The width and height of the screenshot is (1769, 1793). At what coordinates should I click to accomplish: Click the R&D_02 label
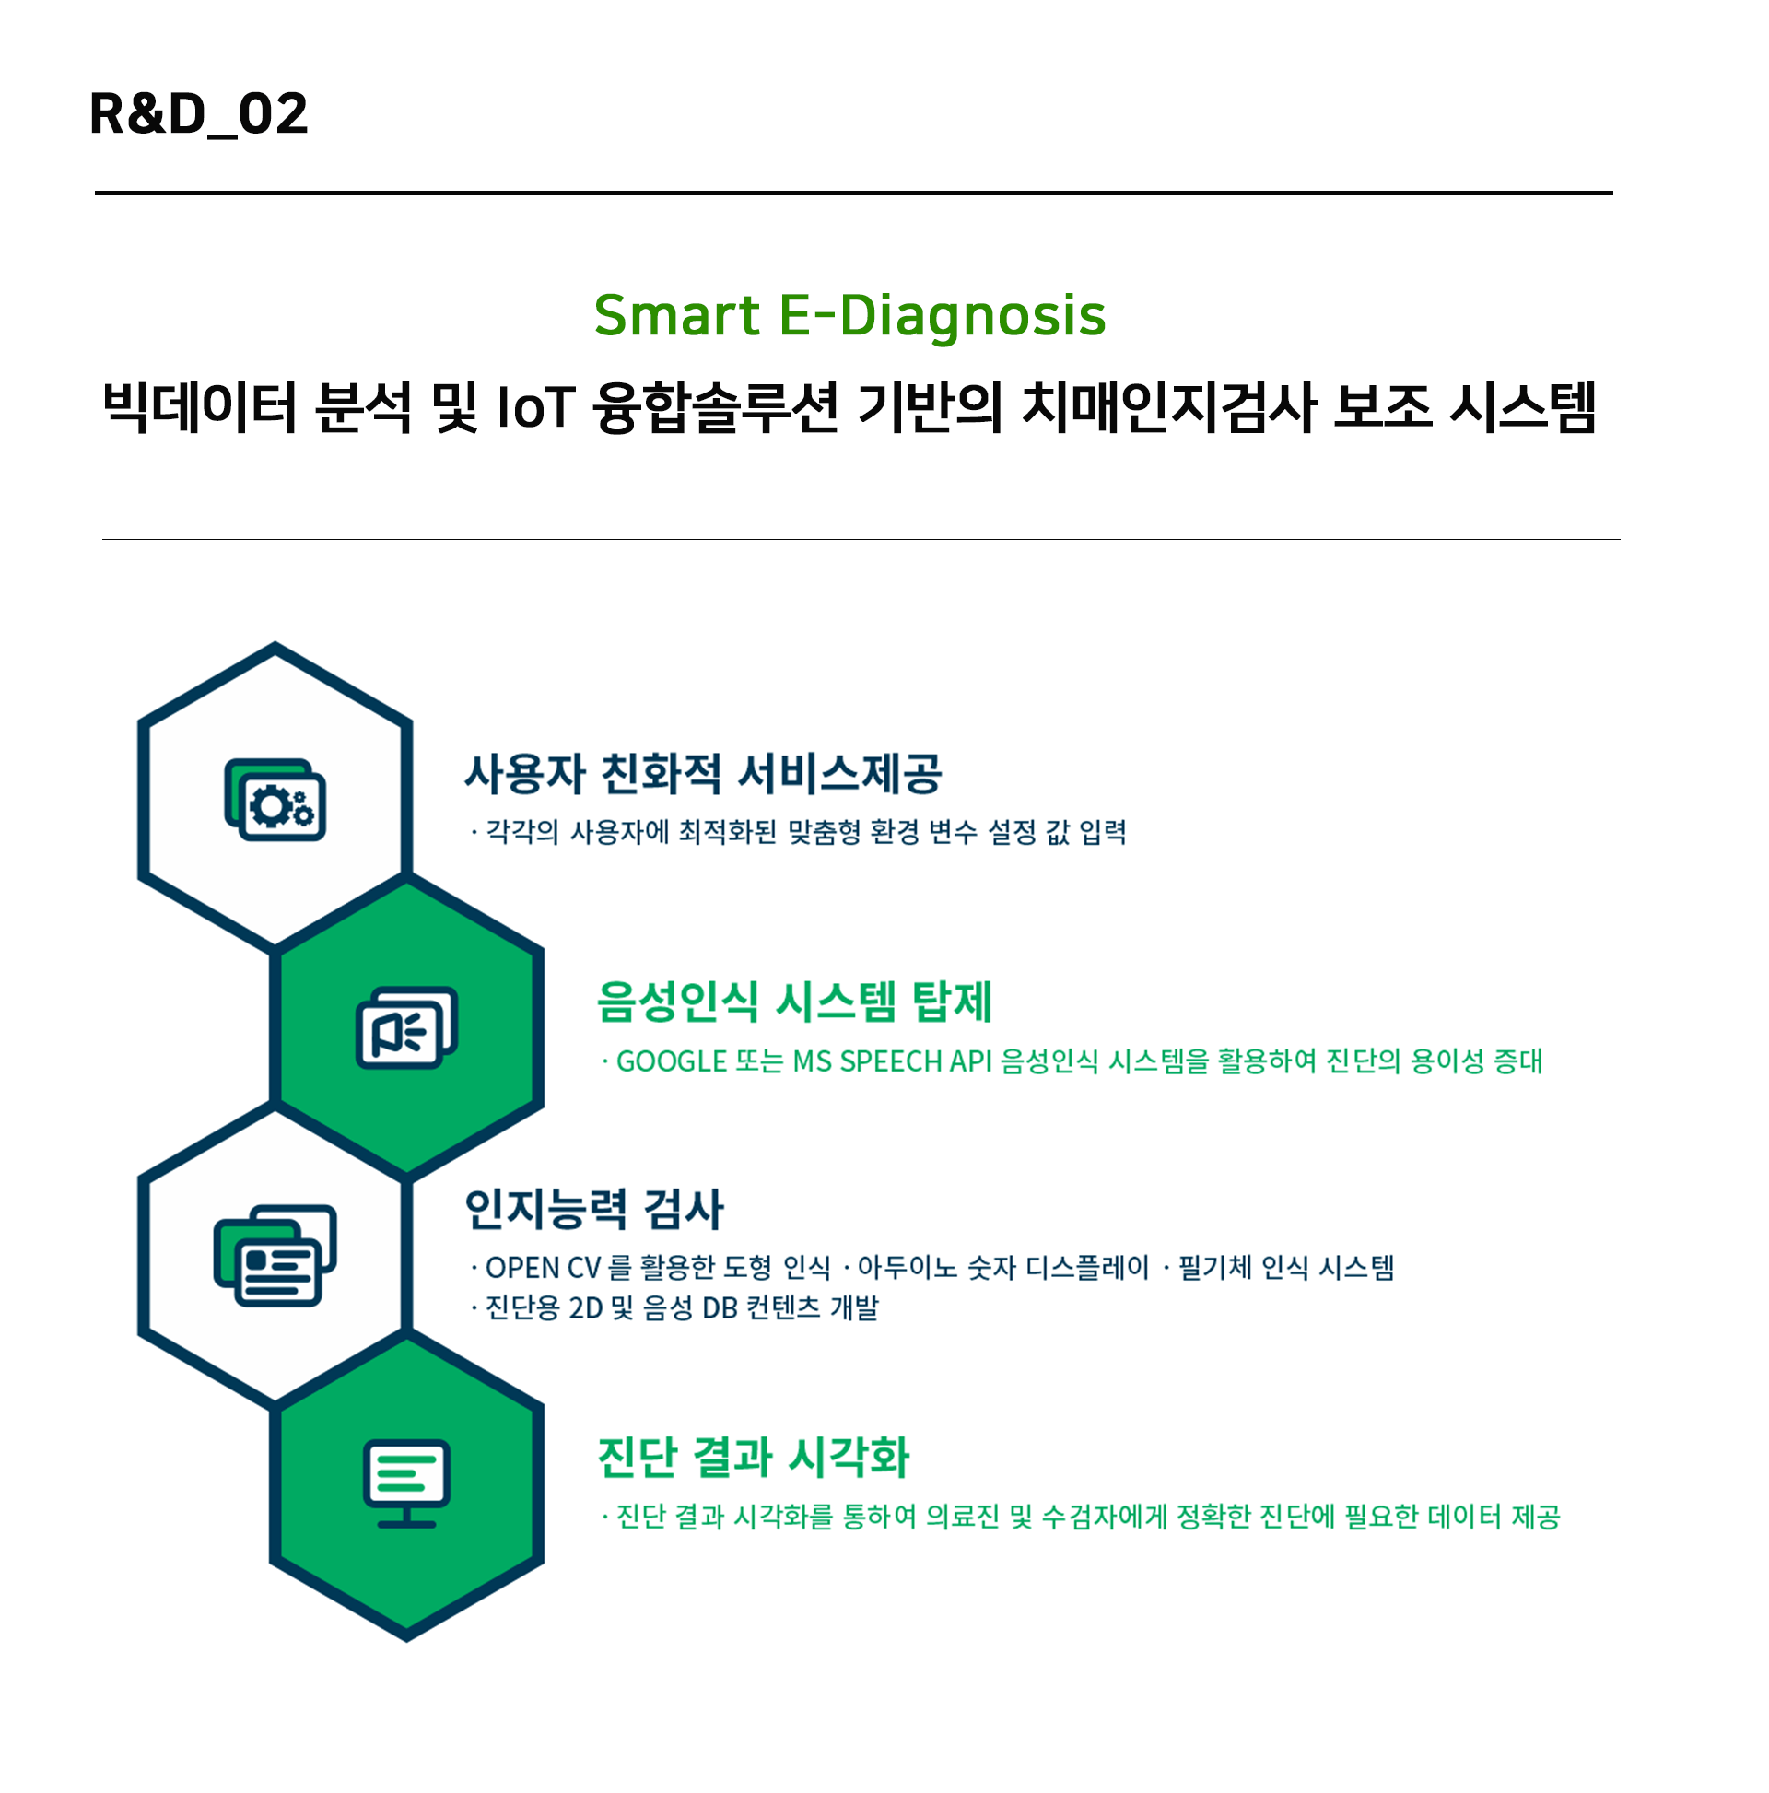coord(198,114)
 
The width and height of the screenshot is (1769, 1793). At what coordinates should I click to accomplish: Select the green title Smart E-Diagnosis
coord(849,314)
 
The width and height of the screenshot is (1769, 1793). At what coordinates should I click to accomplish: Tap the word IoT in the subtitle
coord(535,407)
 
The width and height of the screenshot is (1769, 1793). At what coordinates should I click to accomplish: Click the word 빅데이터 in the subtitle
coord(199,407)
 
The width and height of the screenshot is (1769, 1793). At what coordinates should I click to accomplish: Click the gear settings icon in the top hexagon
coord(275,799)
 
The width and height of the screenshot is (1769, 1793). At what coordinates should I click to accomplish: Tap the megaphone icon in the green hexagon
coord(406,1026)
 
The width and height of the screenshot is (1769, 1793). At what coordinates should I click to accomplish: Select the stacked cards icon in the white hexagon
coord(275,1255)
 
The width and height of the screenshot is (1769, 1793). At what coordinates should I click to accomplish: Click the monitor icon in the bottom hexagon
coord(406,1483)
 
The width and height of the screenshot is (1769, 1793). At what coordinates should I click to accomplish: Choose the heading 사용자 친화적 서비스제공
coord(703,773)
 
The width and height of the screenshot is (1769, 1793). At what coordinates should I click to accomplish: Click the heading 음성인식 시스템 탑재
coord(793,1002)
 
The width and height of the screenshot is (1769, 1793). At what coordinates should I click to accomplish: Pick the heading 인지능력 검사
coord(593,1208)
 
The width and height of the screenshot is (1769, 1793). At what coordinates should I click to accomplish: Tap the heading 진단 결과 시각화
coord(753,1456)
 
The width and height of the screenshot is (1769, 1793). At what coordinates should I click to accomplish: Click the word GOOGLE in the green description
coord(671,1061)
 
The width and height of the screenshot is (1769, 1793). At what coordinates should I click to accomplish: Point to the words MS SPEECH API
coord(892,1061)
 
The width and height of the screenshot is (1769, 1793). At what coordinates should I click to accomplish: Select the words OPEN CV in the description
coord(543,1268)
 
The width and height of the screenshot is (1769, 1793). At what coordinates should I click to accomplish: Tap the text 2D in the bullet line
coord(586,1308)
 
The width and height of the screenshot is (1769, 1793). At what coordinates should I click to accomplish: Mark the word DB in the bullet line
coord(720,1308)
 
